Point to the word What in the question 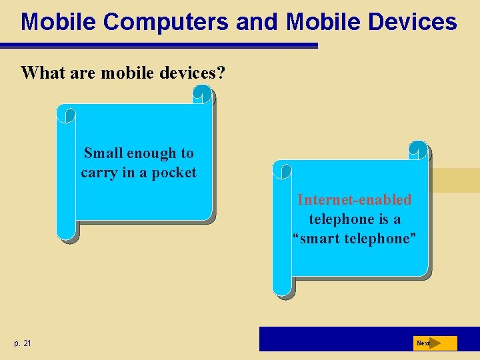[x=41, y=72]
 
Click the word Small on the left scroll [x=103, y=153]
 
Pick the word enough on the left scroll [x=151, y=153]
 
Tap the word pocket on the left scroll [x=174, y=173]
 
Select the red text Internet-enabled [x=354, y=199]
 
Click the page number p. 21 [x=22, y=343]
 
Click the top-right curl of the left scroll [x=203, y=97]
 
